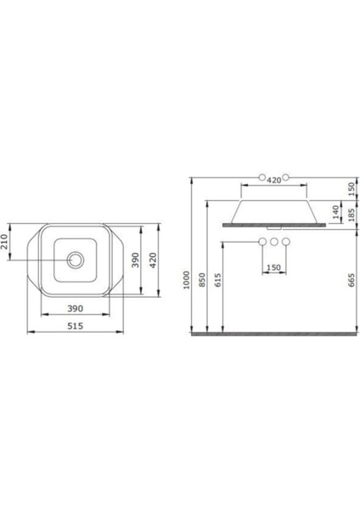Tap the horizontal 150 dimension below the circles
pos(273,267)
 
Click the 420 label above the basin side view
pos(273,180)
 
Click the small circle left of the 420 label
pos(261,179)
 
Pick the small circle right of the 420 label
pos(287,179)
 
